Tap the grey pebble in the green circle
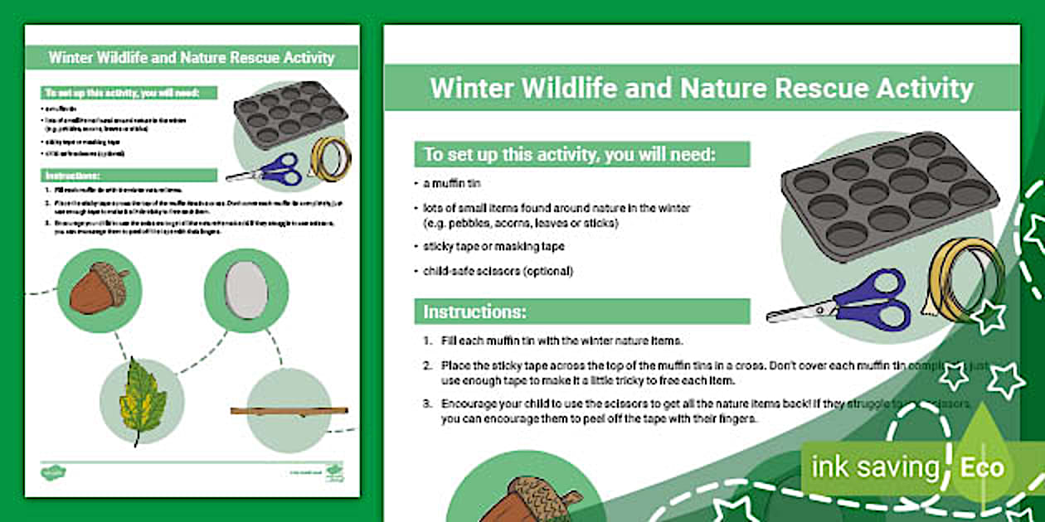coord(245,290)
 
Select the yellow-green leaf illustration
coord(142,401)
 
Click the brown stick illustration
coord(289,410)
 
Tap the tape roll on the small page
coord(330,157)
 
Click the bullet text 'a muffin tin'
coord(452,183)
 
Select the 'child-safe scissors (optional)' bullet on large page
coord(498,271)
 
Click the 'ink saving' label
coord(875,467)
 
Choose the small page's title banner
coord(192,58)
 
